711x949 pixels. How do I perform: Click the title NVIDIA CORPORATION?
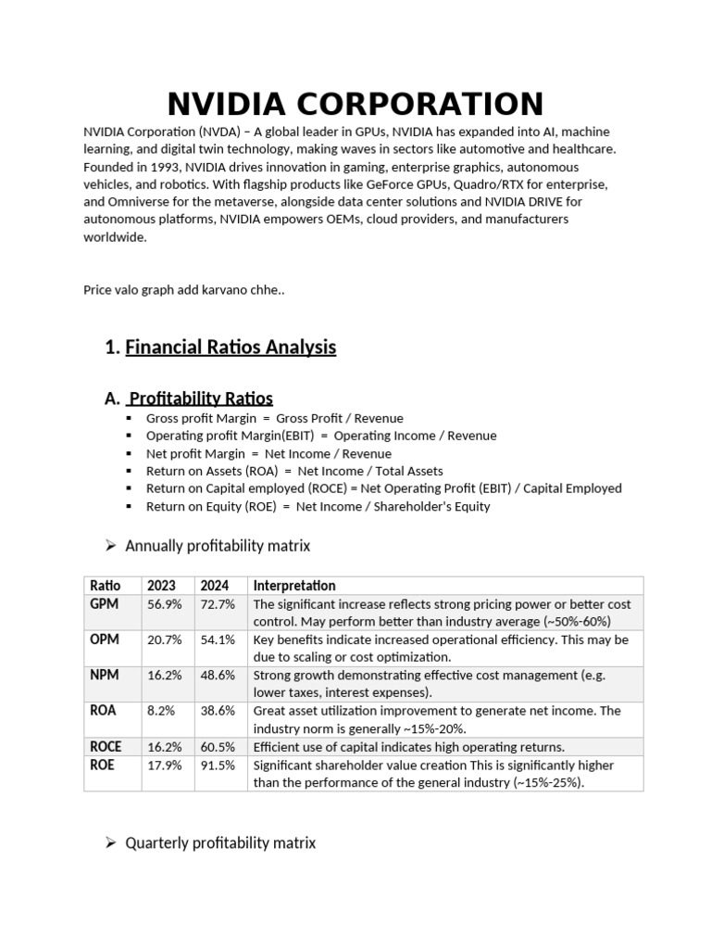pos(355,104)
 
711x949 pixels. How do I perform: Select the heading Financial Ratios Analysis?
pos(231,348)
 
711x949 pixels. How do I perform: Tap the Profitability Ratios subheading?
pos(200,399)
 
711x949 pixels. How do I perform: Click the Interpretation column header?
pos(294,586)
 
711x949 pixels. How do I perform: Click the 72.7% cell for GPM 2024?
pos(218,603)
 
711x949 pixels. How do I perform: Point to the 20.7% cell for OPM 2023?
pos(164,639)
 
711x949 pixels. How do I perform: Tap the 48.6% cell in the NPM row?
pos(218,675)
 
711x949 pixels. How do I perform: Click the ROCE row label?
pos(106,747)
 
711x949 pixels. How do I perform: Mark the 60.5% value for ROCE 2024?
pos(218,747)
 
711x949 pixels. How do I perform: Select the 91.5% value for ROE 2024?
pos(218,765)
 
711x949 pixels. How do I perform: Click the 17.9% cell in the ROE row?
pos(164,765)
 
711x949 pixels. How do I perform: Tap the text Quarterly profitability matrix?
pos(220,842)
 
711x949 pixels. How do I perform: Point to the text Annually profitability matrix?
pos(218,546)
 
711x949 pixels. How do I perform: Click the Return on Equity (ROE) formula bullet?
pos(318,506)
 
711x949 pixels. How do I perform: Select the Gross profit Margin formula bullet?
pos(274,418)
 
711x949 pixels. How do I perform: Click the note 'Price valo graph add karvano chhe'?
pos(184,290)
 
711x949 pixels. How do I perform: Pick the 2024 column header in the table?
pos(215,586)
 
